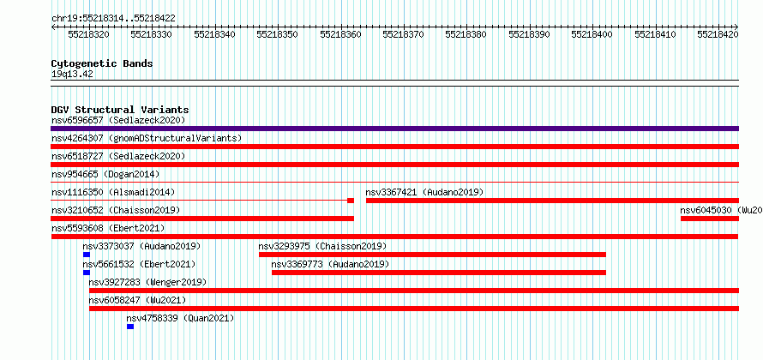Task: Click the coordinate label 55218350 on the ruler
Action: tap(277, 34)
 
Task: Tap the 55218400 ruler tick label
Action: tap(592, 34)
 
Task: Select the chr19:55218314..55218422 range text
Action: tap(113, 19)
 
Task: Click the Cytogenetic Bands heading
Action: tap(102, 63)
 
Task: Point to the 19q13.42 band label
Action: tap(72, 75)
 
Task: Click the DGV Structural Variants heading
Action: tap(120, 110)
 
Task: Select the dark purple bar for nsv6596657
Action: tap(394, 129)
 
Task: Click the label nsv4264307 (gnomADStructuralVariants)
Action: tap(147, 138)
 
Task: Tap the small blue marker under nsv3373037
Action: tap(87, 255)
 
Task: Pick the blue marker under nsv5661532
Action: tap(87, 273)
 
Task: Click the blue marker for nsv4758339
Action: tap(130, 327)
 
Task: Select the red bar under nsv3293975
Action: tap(433, 255)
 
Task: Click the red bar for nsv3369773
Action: tap(439, 273)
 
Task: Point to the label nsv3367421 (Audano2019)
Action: tap(425, 192)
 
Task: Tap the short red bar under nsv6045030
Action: tap(710, 219)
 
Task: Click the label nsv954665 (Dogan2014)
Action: tap(105, 174)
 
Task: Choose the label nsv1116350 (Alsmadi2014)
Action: tap(113, 192)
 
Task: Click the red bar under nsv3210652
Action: tap(202, 219)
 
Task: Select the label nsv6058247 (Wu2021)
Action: tap(138, 300)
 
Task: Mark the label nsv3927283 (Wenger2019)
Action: tap(148, 282)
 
